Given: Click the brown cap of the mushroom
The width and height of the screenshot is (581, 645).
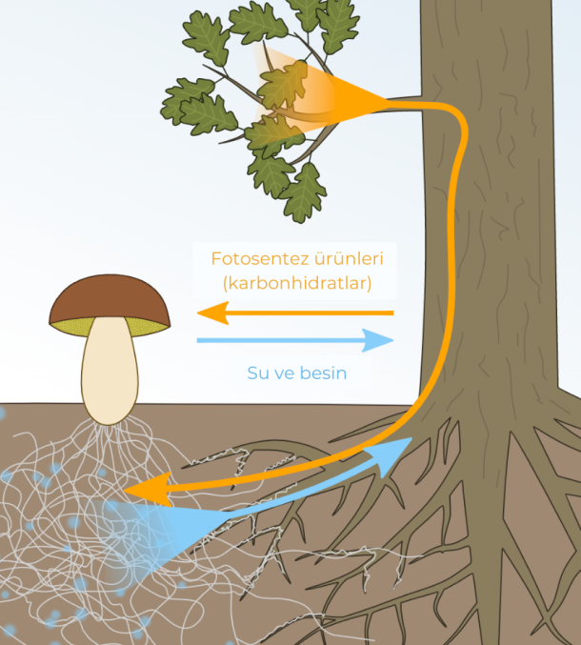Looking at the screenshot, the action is coord(110,297).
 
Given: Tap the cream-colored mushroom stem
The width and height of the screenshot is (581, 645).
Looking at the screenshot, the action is coord(110,371).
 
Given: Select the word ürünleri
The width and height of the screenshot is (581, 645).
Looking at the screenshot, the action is coord(350,259).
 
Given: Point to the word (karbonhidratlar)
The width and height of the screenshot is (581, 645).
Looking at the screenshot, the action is coord(297,283).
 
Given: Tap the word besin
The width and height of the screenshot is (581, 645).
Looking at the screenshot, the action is coord(323,373).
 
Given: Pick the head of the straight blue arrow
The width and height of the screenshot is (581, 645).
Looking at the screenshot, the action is coord(377,340).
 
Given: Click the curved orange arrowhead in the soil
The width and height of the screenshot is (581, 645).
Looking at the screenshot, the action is coord(148,490).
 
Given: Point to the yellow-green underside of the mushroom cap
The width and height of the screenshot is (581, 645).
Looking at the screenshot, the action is coord(110,326).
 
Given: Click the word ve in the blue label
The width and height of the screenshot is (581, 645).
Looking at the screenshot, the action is coord(285,373).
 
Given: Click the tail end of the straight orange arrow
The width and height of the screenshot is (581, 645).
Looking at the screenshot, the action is coord(392,313).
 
